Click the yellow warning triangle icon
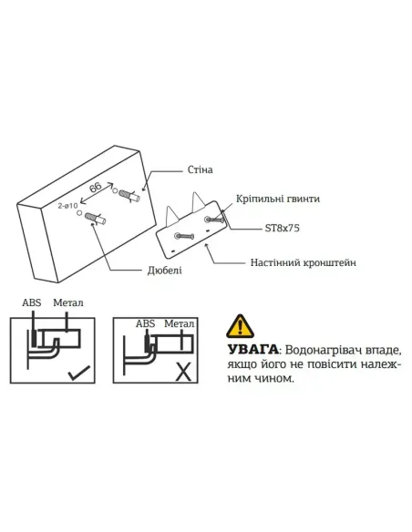point(240,325)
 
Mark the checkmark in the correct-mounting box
point(78,373)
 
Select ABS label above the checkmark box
point(31,302)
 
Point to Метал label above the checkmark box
point(68,302)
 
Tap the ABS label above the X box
point(144,322)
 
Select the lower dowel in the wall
point(94,219)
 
